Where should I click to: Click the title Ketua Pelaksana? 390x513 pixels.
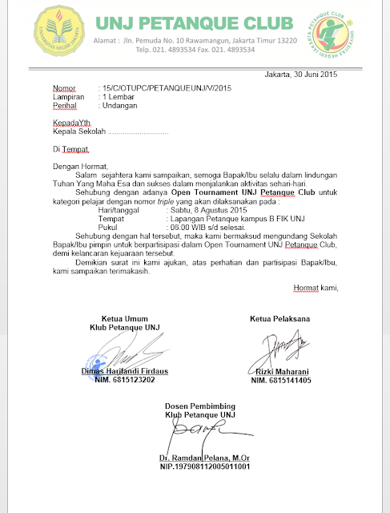[280, 320]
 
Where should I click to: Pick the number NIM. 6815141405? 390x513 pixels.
[281, 381]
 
